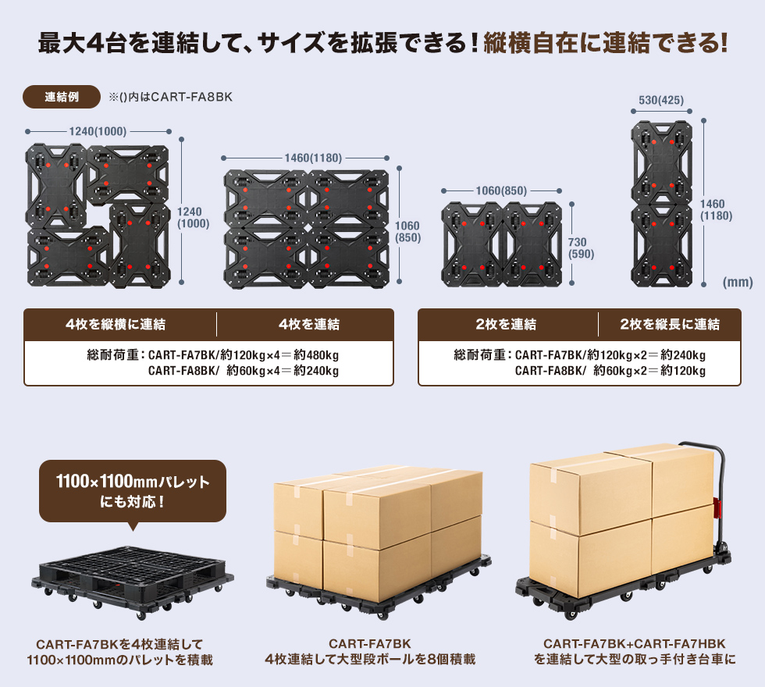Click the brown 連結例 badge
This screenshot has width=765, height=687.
pyautogui.click(x=62, y=97)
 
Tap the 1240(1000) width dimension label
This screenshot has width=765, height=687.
pyautogui.click(x=98, y=132)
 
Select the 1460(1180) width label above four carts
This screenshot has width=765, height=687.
pyautogui.click(x=313, y=158)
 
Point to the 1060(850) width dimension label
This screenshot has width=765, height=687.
pyautogui.click(x=501, y=190)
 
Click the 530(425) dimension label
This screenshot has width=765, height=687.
pyautogui.click(x=661, y=100)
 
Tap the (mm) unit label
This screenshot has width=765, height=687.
pyautogui.click(x=738, y=282)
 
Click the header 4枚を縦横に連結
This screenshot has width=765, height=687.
pyautogui.click(x=120, y=324)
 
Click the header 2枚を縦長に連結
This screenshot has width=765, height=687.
pyautogui.click(x=670, y=324)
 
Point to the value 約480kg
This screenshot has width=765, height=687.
pyautogui.click(x=315, y=355)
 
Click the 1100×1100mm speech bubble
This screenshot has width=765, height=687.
pyautogui.click(x=133, y=491)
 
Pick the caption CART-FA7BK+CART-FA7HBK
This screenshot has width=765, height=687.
pyautogui.click(x=635, y=644)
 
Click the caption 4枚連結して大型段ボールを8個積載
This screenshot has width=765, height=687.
pyautogui.click(x=370, y=660)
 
